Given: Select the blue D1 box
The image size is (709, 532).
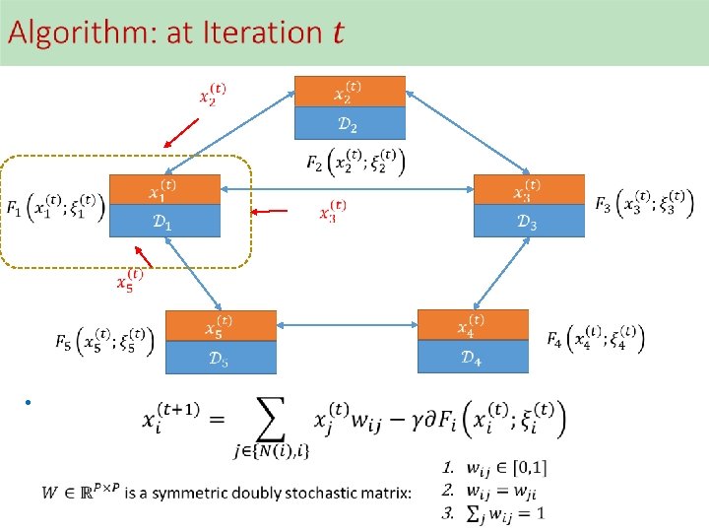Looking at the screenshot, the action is [x=164, y=223].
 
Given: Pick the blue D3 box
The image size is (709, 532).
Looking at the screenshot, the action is [x=528, y=222].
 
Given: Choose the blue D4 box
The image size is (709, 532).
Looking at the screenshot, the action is [x=473, y=357].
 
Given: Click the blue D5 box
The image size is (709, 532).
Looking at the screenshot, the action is [x=220, y=359].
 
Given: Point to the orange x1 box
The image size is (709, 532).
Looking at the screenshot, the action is [x=164, y=190].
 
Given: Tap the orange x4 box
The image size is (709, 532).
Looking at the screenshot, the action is [x=473, y=325].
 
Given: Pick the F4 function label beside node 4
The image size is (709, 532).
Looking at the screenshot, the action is [x=595, y=339].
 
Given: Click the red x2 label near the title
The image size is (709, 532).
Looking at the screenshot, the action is [x=213, y=94].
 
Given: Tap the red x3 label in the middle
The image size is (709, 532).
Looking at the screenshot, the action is [x=333, y=211].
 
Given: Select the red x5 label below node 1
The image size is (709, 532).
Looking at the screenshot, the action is [x=130, y=280].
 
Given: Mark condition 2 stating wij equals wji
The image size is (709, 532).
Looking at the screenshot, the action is [x=492, y=490].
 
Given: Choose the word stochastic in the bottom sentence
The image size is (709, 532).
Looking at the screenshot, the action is [x=325, y=491].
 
